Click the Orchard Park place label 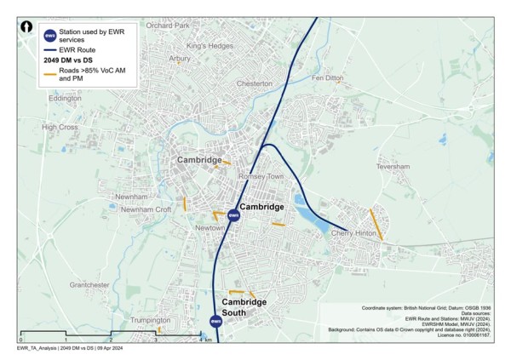tap(168, 26)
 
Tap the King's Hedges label tap(209, 45)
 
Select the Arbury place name tap(180, 59)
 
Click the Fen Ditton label tap(328, 77)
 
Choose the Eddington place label tap(66, 99)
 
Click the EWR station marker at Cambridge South tap(216, 321)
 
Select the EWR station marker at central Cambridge tap(233, 216)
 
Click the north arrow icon tap(28, 27)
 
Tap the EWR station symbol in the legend tap(50, 35)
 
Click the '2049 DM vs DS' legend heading tap(72, 60)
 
